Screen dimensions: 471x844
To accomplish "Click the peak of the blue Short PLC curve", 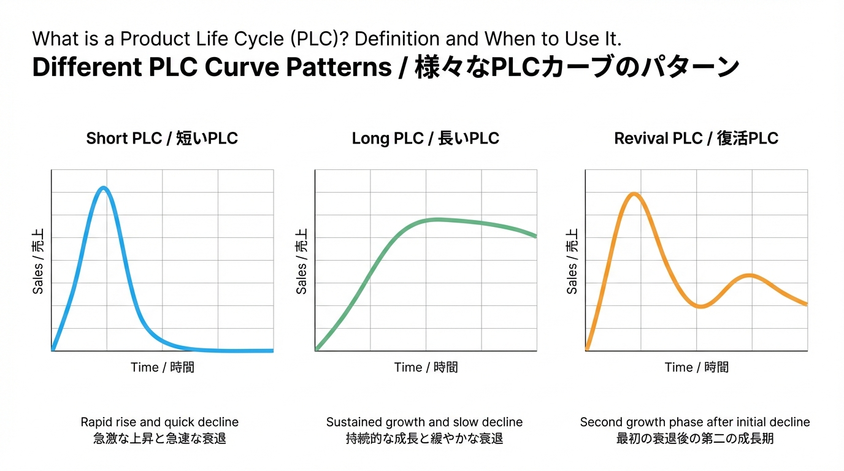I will pos(104,188).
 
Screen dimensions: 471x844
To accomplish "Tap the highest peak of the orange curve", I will pos(634,194).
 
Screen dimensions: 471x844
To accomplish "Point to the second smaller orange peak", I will pos(750,275).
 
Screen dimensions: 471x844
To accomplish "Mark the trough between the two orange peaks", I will pos(700,306).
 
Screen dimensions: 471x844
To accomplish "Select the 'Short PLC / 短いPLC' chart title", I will pos(162,139).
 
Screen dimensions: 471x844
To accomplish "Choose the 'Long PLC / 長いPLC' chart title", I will pos(426,139).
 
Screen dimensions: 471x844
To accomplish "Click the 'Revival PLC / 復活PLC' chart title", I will pos(696,139).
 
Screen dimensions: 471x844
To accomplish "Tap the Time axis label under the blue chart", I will pos(163,367).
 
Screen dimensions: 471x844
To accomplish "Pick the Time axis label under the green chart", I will pos(426,367).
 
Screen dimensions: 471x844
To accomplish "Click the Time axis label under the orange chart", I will pos(697,367).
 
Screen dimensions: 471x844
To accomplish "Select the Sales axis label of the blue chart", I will pos(38,261).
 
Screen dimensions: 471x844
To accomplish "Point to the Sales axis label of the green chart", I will pos(302,261).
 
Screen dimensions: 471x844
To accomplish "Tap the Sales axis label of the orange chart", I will pos(572,261).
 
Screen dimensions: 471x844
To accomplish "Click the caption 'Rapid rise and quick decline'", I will pos(159,422).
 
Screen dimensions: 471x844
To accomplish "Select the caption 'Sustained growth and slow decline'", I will pos(424,422).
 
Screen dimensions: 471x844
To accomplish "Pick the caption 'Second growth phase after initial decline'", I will pos(695,422).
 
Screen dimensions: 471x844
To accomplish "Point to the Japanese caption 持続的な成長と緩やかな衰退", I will pos(424,439).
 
